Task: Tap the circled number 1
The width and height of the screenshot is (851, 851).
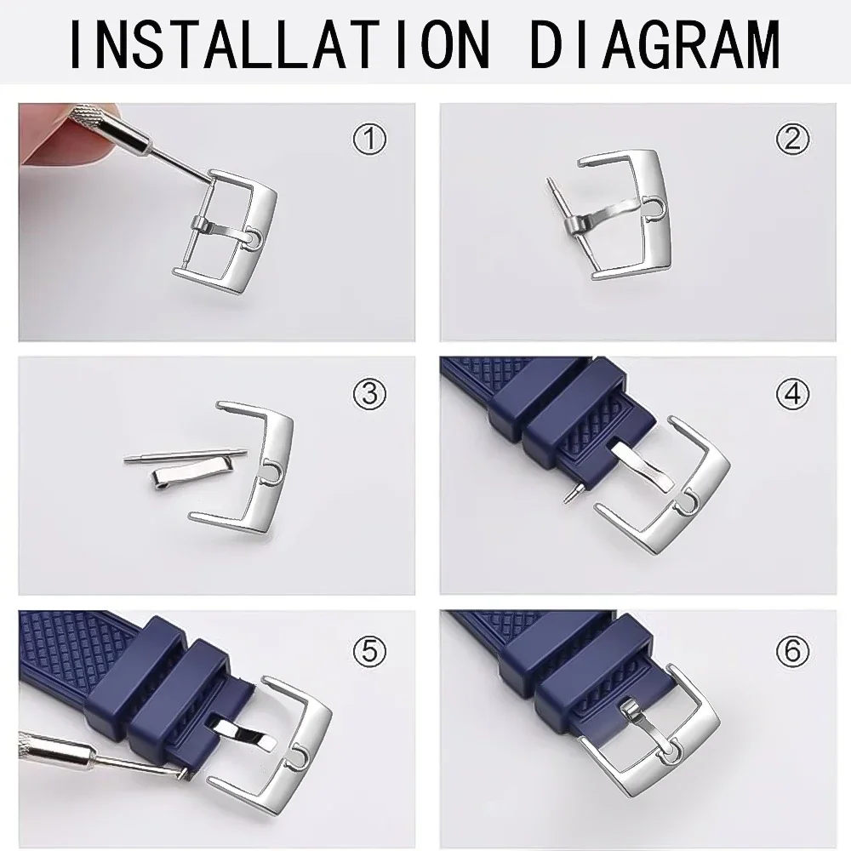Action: pos(368,139)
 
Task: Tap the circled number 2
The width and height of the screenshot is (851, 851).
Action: pos(793,138)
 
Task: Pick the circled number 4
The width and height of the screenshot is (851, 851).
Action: pos(793,393)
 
